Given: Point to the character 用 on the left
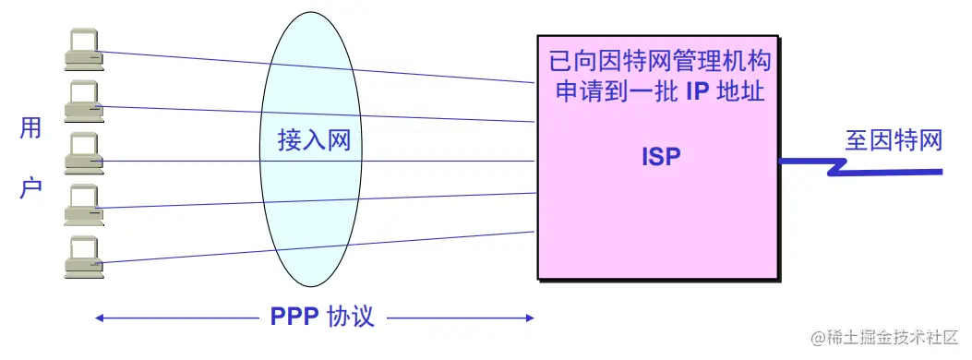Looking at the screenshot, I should [30, 129].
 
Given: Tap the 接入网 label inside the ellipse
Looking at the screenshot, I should [315, 140].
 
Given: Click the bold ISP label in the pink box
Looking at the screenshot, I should [661, 157].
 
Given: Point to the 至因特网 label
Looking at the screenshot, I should [894, 140].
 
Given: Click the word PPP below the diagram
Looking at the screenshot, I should [294, 317].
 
